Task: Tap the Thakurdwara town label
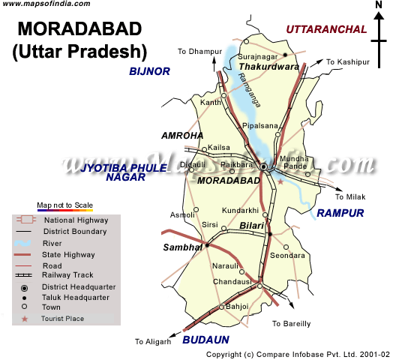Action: (268, 67)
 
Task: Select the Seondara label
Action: (288, 256)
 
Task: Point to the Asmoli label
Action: (184, 214)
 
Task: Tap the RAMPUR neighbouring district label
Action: (340, 214)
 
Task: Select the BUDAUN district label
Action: (205, 340)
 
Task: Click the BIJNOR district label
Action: (150, 71)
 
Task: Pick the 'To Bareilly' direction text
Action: (292, 324)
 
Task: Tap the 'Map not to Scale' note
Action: (65, 205)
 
